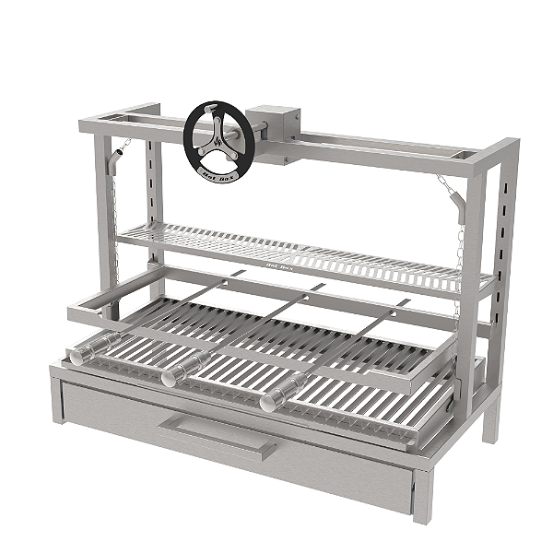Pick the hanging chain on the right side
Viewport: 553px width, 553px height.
pos(453,249)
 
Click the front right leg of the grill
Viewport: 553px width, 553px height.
pos(422,498)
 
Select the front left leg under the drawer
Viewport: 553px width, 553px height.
pos(57,401)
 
